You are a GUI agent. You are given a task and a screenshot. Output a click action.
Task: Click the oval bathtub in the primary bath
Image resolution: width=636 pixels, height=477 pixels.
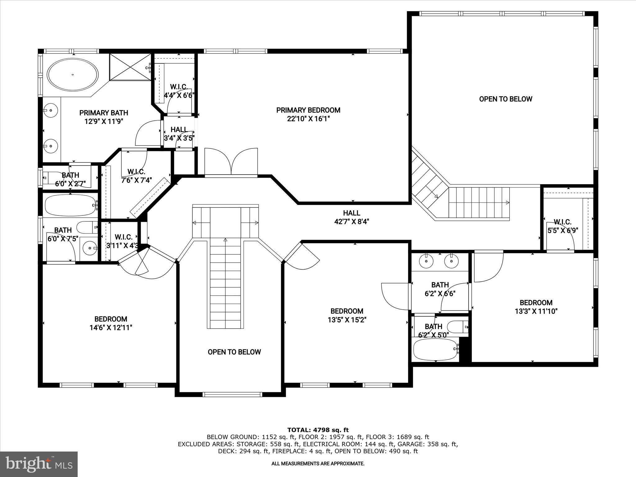point(73,75)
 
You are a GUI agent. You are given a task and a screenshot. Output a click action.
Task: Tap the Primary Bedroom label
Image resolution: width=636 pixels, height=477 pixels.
point(308,110)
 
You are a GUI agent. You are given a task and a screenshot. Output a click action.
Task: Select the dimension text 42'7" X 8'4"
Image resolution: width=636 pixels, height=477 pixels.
point(352,222)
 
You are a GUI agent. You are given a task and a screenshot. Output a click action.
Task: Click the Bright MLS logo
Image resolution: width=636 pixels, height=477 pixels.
point(39,464)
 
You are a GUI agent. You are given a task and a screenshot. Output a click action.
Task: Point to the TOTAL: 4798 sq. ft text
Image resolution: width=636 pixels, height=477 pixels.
point(318,430)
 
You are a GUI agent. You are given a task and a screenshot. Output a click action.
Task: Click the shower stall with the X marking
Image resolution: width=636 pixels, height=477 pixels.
point(129,67)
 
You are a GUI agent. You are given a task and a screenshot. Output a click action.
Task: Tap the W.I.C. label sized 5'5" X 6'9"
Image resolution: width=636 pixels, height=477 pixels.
point(562,222)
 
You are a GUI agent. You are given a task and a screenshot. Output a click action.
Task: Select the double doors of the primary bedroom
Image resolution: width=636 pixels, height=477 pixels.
point(231,162)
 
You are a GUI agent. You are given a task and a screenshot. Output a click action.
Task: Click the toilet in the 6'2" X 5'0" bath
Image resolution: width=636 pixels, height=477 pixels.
point(457,327)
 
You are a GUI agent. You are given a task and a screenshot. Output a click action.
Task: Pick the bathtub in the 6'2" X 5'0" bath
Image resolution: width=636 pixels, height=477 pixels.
point(435,349)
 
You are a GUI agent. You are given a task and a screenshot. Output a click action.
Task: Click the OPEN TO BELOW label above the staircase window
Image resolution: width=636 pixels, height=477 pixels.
point(234,352)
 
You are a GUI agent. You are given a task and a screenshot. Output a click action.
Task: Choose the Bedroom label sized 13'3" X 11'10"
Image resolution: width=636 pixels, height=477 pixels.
point(536,302)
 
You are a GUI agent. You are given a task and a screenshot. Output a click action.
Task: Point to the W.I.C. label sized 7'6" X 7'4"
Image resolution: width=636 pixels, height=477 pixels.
point(136,172)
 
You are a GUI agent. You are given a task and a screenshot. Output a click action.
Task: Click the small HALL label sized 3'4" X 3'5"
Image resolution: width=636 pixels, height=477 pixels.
point(179,129)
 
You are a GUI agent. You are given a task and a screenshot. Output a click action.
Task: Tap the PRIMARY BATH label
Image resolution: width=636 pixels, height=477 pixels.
point(104,113)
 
